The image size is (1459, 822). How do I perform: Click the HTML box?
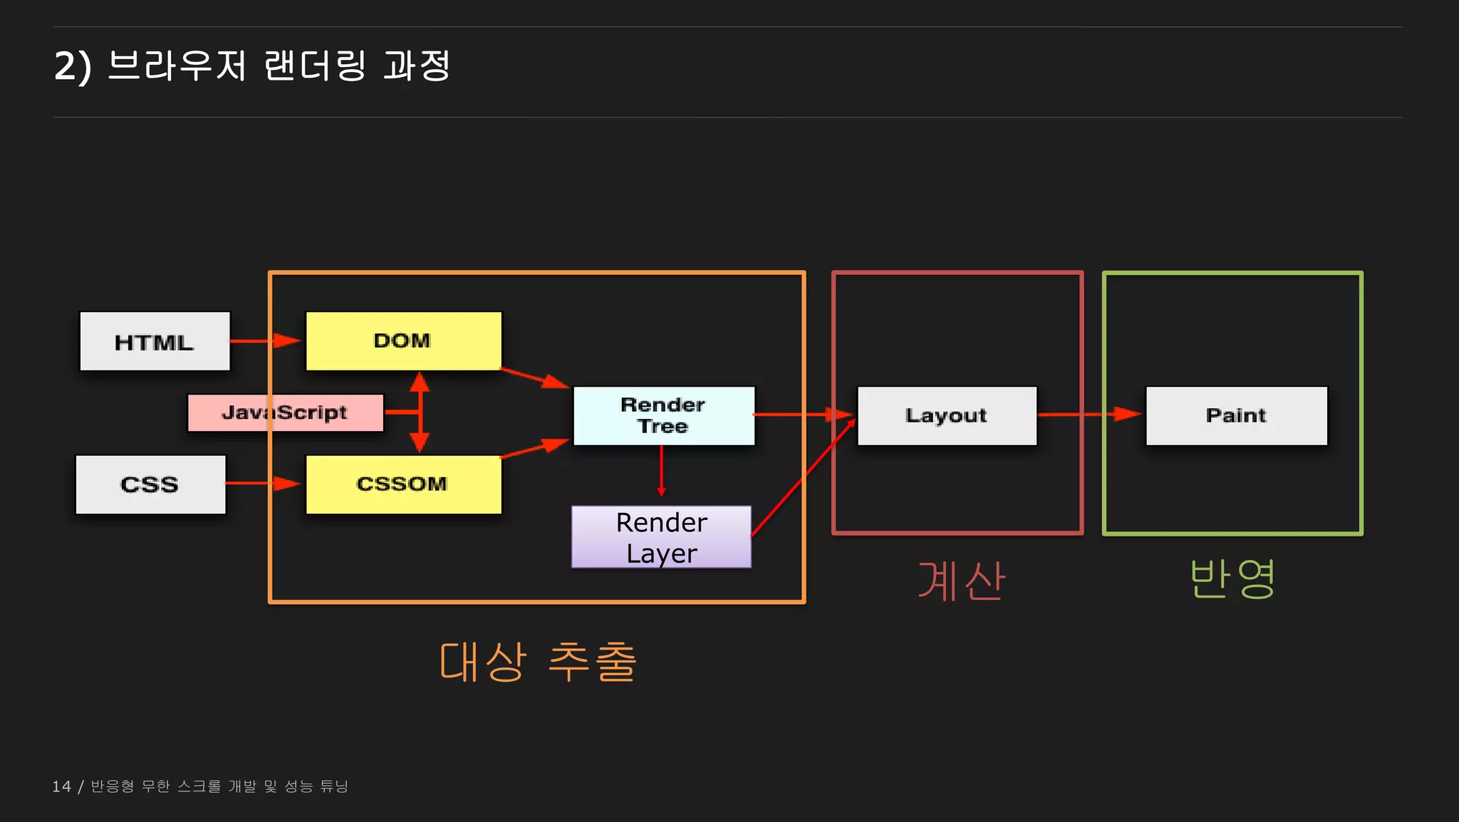coord(155,341)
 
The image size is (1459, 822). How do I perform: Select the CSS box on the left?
coord(150,484)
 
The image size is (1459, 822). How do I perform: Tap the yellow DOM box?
coord(403,340)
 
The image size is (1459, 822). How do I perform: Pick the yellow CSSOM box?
coord(403,484)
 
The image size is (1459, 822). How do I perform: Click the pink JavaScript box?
coord(285,412)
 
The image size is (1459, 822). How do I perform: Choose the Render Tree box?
coord(663,415)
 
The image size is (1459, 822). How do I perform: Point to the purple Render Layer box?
coord(661,537)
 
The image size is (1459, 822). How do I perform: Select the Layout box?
coord(947,415)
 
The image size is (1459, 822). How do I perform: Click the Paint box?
coord(1236,415)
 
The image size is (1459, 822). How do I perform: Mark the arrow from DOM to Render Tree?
coord(535,378)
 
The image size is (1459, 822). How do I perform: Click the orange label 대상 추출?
coord(538,662)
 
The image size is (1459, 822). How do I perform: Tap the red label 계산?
coord(961,581)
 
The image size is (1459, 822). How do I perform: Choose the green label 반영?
coord(1232,578)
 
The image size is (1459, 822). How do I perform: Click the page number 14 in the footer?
coord(61,786)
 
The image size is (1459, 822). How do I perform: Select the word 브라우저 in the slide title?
coord(177,66)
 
